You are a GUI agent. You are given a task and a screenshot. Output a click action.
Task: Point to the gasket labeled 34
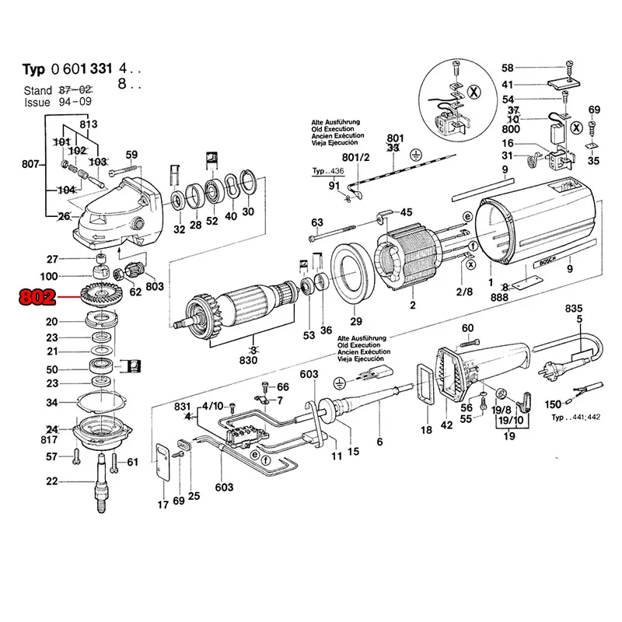(103, 403)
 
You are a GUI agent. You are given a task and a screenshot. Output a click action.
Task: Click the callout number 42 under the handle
(446, 425)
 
